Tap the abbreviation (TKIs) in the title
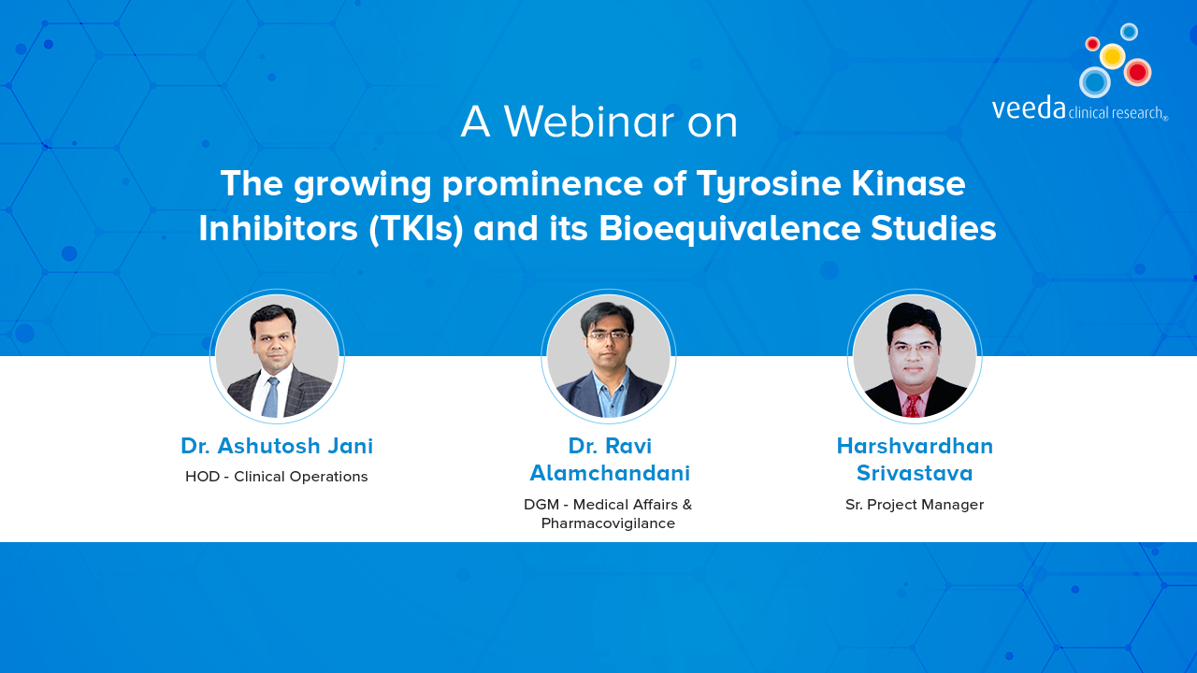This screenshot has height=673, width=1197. pos(416,229)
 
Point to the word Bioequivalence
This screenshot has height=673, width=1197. pos(729,229)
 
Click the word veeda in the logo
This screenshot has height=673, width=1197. pos(1029,108)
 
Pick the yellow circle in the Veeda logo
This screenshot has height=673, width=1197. pos(1112,55)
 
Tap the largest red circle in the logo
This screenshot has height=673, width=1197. pos(1137,72)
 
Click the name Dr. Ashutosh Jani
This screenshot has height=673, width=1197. pos(277,446)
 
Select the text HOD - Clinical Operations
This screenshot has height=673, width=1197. pos(276,477)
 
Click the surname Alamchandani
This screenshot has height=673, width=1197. pos(610,473)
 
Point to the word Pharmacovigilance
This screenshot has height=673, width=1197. pos(608,523)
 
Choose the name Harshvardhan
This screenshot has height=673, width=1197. pos(915,446)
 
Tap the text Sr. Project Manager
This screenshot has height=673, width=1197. pos(915,505)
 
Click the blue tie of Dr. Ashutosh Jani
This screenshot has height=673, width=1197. pos(271,397)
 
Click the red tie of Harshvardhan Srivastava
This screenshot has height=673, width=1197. pos(912,406)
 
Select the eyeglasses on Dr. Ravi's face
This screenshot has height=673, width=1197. pos(608,336)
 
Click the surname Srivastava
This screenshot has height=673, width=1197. pos(915,473)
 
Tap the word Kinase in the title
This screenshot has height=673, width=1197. pos(908,184)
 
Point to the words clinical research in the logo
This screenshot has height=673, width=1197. pos(1117,113)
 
